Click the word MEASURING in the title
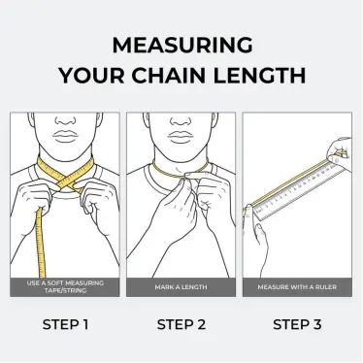click(182, 45)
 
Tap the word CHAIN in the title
click(168, 76)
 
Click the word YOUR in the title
click(91, 76)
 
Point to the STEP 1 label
click(65, 324)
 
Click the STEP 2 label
click(181, 324)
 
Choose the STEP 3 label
click(297, 324)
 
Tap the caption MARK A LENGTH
click(181, 287)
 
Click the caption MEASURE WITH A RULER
click(297, 287)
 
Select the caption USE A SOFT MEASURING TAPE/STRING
click(65, 286)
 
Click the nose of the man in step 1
click(65, 120)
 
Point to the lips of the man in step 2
click(181, 137)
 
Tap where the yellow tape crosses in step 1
click(69, 179)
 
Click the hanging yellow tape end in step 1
click(41, 243)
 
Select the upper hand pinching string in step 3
click(341, 153)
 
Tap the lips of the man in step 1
click(65, 137)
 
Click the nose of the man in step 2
click(181, 120)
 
